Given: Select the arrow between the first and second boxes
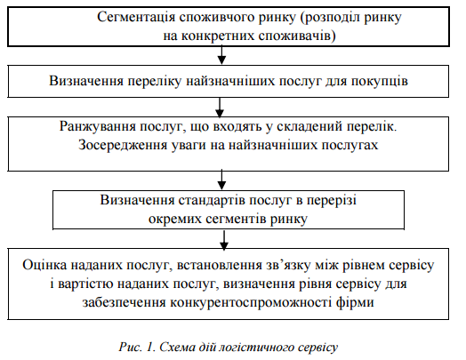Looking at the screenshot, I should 222,59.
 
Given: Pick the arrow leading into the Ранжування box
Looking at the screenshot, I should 222,105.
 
